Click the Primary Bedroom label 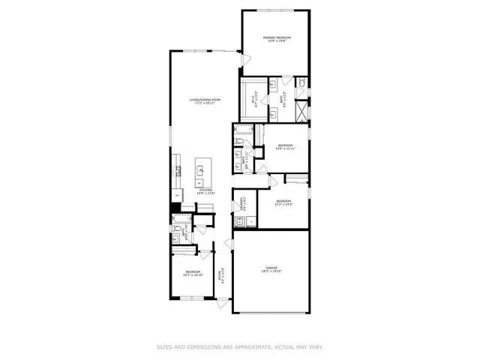point(276,40)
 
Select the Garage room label point(271,269)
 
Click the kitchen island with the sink point(201,172)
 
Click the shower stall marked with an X point(301,111)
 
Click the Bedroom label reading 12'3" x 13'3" point(283,202)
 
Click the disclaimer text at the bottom point(240,346)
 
